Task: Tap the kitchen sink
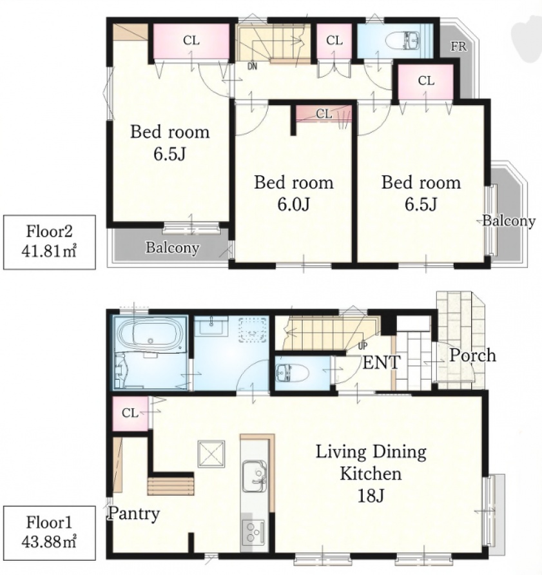(x=254, y=476)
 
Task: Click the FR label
(x=458, y=46)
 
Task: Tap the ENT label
(x=381, y=363)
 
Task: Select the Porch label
(x=472, y=355)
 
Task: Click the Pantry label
(x=133, y=513)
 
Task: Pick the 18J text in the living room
(x=371, y=496)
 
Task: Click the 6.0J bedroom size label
(x=293, y=204)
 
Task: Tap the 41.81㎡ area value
(x=49, y=251)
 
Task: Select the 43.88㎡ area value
(x=49, y=541)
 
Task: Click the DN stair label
(x=252, y=67)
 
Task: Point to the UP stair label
(x=363, y=346)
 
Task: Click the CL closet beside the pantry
(x=130, y=413)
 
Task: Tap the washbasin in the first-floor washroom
(x=211, y=326)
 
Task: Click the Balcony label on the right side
(x=508, y=220)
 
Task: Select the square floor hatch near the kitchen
(x=211, y=454)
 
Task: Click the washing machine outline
(x=252, y=330)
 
